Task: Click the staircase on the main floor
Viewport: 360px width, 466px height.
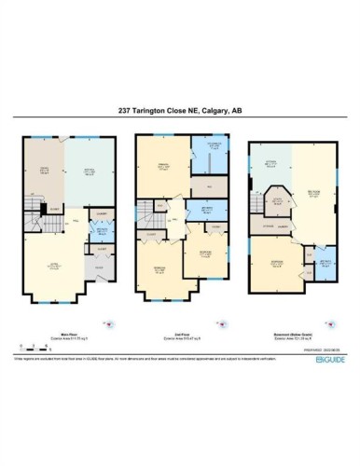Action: point(34,215)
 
